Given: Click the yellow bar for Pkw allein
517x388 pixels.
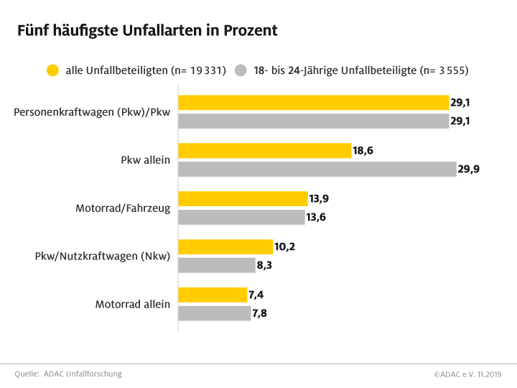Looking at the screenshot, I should coord(264,151).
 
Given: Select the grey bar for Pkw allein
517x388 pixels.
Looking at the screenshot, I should coord(317,170).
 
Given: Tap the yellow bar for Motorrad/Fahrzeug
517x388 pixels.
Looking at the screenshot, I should coord(243,199).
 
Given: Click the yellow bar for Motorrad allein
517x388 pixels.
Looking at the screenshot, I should coord(213,295).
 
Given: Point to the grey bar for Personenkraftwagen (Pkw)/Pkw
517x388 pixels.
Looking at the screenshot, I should coord(314,121).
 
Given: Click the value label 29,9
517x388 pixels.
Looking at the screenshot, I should coord(467,170).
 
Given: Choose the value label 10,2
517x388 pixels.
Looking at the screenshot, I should coord(284,246).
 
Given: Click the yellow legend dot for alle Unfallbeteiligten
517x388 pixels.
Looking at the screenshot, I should coord(52,70).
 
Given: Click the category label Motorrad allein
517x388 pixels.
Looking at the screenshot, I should coord(133,304).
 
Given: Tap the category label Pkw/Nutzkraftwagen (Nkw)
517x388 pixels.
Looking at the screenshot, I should coord(103,256).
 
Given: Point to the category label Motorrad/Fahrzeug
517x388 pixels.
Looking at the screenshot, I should coord(123,208).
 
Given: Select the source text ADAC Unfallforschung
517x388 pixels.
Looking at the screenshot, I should coord(83,374).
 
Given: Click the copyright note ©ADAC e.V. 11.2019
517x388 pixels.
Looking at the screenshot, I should coord(467,374).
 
